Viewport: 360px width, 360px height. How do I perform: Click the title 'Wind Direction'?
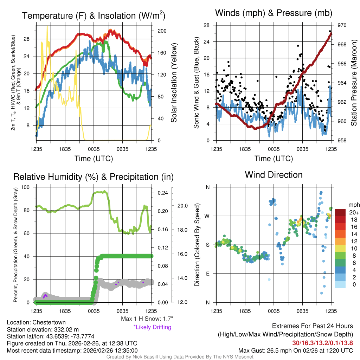coord(274,175)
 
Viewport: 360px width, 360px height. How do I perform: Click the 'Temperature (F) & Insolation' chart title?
coord(94,16)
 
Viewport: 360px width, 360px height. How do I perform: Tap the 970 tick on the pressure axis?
coord(342,25)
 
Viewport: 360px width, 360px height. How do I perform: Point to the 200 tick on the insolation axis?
coord(162,31)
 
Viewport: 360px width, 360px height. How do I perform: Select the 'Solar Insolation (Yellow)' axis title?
coord(174,83)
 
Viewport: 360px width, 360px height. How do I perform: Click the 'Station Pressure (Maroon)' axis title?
coord(354,83)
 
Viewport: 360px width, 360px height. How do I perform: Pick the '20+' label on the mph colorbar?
coord(354,212)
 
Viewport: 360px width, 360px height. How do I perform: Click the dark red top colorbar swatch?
coord(341,213)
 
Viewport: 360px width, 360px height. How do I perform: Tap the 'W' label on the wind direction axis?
coord(207,216)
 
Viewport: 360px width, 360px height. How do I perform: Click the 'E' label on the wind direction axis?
coord(208,274)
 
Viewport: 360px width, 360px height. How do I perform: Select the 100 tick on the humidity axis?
coord(28,187)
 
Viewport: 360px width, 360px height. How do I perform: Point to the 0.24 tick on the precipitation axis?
coord(163,193)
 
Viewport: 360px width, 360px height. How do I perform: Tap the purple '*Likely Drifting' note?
coord(152,327)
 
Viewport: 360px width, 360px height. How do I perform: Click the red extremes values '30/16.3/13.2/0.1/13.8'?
coord(322,343)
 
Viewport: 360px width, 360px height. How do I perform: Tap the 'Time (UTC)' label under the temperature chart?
coord(94,159)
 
